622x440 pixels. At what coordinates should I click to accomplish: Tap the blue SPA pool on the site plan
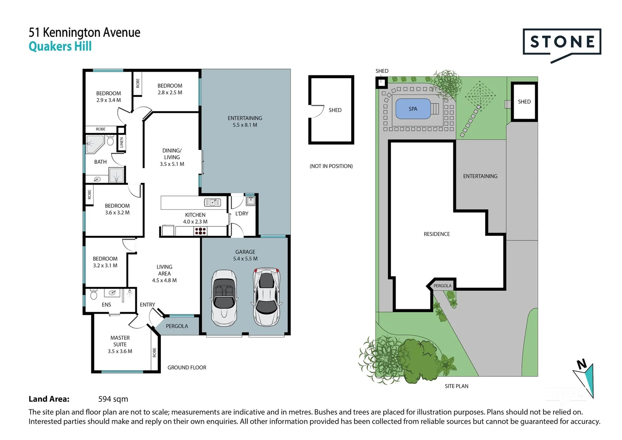[x=413, y=109]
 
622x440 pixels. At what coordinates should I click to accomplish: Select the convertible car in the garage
[x=224, y=298]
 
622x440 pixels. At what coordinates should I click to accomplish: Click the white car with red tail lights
[x=266, y=297]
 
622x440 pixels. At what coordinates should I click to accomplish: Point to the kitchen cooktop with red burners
[x=200, y=231]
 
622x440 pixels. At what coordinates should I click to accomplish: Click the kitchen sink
[x=212, y=202]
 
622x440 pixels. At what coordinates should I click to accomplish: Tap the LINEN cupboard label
[x=121, y=143]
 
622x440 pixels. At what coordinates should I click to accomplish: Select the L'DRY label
[x=242, y=213]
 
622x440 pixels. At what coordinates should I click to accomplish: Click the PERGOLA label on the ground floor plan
[x=177, y=326]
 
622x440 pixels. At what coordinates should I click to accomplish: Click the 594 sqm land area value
[x=113, y=399]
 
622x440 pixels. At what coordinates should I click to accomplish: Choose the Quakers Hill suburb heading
[x=60, y=46]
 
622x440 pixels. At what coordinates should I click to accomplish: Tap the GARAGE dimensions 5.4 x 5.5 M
[x=245, y=259]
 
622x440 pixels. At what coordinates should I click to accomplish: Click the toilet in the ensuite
[x=94, y=295]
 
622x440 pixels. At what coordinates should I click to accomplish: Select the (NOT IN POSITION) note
[x=331, y=166]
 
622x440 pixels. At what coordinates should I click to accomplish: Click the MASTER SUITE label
[x=120, y=341]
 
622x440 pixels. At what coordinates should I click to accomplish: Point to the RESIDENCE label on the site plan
[x=437, y=234]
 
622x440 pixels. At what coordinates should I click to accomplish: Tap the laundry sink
[x=251, y=201]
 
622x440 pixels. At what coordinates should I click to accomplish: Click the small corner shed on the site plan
[x=382, y=82]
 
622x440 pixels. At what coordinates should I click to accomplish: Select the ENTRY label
[x=147, y=305]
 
